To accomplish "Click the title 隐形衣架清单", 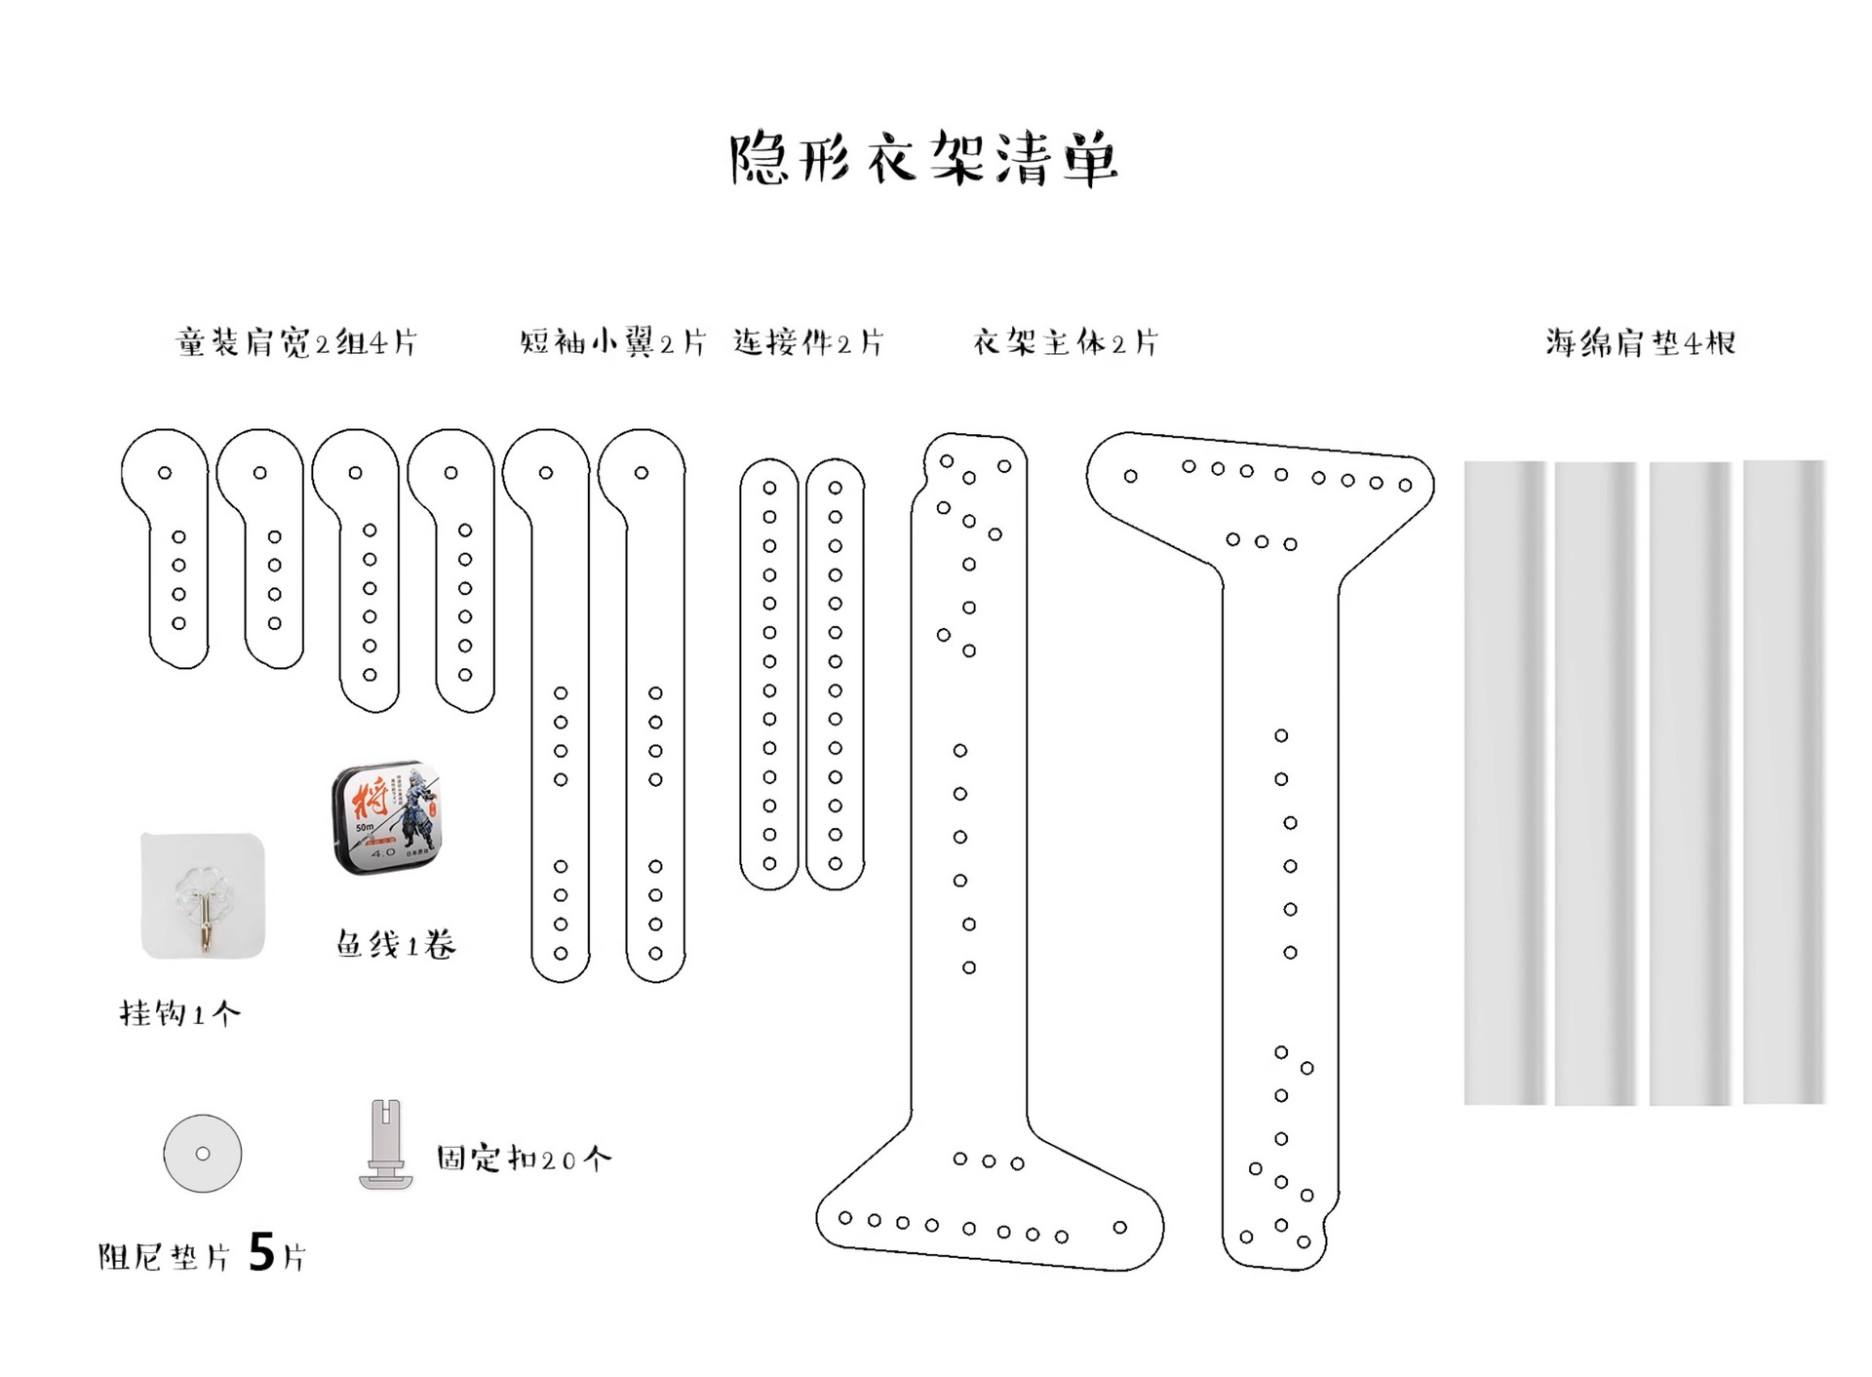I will click(x=923, y=159).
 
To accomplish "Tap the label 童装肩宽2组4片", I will click(x=296, y=342).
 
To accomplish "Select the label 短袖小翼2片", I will click(x=612, y=342).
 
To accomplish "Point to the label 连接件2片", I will click(x=808, y=342).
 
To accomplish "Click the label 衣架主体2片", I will click(x=1065, y=342).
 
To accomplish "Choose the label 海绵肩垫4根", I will click(x=1640, y=342).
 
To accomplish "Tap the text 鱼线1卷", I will click(x=396, y=944).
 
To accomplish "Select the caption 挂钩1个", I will click(x=179, y=1014).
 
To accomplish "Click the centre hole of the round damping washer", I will click(x=203, y=1154).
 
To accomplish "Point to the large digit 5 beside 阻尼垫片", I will click(x=261, y=1252).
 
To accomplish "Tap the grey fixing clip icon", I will click(x=386, y=1145).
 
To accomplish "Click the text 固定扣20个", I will click(x=524, y=1159).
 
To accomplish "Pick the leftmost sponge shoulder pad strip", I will click(x=1504, y=782).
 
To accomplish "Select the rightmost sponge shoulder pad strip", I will click(x=1784, y=782).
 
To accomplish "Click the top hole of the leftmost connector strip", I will click(x=769, y=488).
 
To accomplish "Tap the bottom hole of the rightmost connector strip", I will click(x=836, y=864).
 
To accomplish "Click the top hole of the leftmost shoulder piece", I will click(x=165, y=473).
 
